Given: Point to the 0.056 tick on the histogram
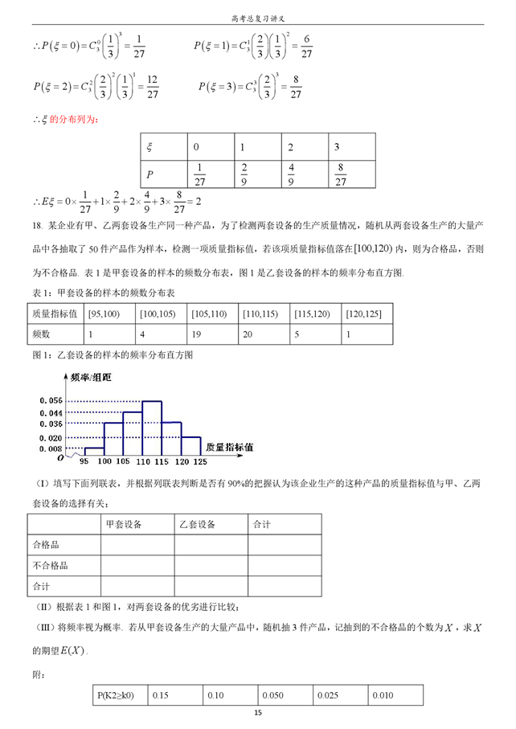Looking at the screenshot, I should click(x=50, y=400).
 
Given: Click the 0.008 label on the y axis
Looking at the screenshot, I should click(x=50, y=448).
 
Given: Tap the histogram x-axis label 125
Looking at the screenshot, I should click(x=201, y=463).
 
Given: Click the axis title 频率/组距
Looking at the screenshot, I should click(x=90, y=378).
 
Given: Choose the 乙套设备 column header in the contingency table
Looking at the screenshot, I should click(x=196, y=524).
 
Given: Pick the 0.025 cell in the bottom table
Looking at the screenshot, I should click(x=329, y=694).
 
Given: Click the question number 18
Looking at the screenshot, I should click(x=37, y=223).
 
